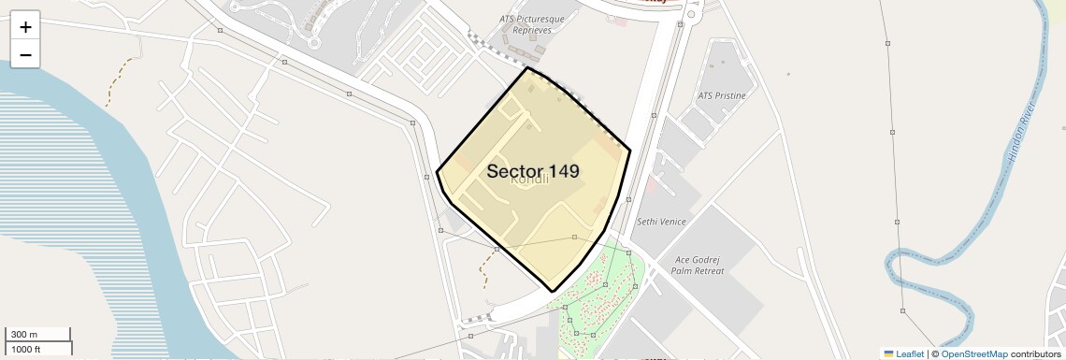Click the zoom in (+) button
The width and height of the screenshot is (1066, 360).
[x=25, y=27]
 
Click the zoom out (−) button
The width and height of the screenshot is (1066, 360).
[x=25, y=55]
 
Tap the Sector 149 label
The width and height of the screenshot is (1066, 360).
[x=533, y=172]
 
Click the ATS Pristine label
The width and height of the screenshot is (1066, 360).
[x=722, y=96]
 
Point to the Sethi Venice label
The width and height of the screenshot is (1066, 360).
[x=661, y=222]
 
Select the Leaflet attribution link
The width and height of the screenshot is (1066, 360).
[x=910, y=353]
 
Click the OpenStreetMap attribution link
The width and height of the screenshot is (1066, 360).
[x=973, y=353]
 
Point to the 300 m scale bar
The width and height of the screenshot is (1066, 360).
[x=37, y=335]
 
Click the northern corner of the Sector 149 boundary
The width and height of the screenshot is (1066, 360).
[x=527, y=67]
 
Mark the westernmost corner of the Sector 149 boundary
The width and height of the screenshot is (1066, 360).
[x=437, y=172]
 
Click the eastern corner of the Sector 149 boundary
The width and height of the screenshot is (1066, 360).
[x=630, y=150]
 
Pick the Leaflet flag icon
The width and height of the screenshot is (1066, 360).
[x=889, y=353]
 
